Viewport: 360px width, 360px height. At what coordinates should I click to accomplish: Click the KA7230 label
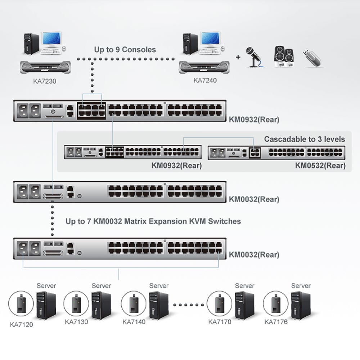click(45, 81)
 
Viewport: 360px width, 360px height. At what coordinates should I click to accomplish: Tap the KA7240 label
click(205, 80)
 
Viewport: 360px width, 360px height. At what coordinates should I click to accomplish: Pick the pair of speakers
click(284, 57)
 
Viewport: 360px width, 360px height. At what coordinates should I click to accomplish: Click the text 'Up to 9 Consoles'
click(125, 50)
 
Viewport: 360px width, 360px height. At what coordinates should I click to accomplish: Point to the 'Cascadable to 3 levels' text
click(305, 139)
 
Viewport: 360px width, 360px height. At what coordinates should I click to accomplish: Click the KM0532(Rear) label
click(320, 165)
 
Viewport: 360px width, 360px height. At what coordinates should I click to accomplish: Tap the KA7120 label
click(21, 324)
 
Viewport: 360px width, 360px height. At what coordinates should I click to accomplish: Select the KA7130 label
click(76, 321)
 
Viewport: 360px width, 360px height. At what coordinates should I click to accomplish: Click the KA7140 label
click(134, 321)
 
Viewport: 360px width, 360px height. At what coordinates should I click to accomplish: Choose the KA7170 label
click(220, 321)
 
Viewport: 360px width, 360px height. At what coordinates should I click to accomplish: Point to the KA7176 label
click(276, 321)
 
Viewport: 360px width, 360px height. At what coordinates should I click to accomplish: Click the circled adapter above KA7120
click(21, 303)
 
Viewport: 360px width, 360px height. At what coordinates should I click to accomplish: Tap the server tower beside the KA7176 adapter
click(301, 305)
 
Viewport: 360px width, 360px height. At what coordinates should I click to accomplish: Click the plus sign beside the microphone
click(238, 57)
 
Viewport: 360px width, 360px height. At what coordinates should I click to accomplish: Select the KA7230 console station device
click(45, 67)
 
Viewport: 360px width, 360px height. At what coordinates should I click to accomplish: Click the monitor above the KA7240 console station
click(211, 39)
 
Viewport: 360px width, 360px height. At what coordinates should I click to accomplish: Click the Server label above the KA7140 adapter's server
click(159, 285)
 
